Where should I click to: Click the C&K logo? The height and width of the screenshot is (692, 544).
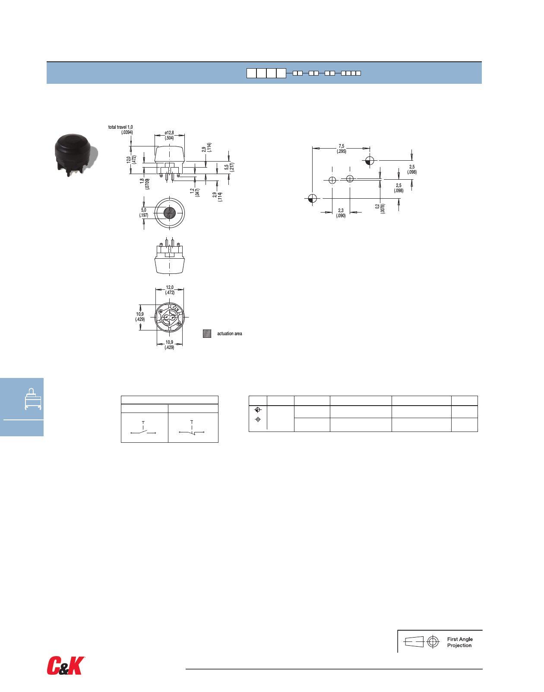[x=66, y=666]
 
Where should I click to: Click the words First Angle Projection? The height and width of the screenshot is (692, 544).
[x=459, y=642]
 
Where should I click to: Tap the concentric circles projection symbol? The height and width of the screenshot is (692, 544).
[x=433, y=642]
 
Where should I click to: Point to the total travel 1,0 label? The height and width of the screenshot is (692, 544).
[x=120, y=127]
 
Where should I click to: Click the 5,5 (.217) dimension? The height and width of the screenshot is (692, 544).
[x=229, y=167]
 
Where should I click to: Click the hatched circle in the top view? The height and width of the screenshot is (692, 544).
[x=169, y=213]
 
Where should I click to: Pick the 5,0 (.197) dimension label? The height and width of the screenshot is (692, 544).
[x=143, y=213]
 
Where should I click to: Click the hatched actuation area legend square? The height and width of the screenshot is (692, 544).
[x=207, y=333]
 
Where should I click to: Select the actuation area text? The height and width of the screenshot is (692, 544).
[x=229, y=333]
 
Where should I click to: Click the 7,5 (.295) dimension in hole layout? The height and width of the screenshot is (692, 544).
[x=342, y=149]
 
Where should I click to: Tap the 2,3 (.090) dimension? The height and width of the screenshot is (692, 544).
[x=341, y=213]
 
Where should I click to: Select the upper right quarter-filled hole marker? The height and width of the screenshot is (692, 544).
[x=369, y=161]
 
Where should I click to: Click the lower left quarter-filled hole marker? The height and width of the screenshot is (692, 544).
[x=313, y=199]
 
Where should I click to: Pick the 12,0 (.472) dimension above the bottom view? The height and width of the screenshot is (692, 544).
[x=170, y=290]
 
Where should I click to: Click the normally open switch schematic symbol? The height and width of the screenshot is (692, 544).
[x=143, y=430]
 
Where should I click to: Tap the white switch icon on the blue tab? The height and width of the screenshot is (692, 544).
[x=33, y=399]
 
